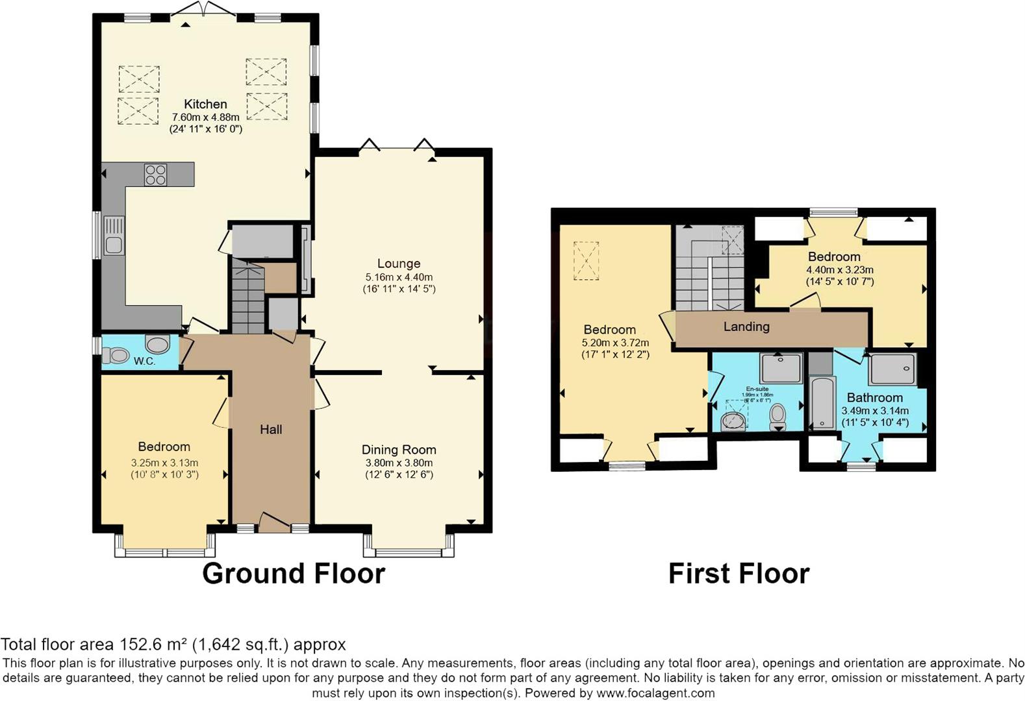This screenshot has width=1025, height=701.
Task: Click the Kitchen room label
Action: [x=205, y=104]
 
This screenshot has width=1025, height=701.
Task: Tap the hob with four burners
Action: [x=156, y=175]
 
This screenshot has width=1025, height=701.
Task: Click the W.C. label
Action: [x=144, y=361]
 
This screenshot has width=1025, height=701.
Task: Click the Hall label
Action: [x=271, y=429]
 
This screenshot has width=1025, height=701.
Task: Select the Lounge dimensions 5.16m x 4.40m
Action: [x=399, y=277]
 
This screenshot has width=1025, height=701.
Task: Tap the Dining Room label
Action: [x=399, y=449]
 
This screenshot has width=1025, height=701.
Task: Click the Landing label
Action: [x=746, y=326]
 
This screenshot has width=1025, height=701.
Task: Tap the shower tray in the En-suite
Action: [x=782, y=368]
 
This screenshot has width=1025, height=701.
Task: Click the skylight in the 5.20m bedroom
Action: [x=586, y=260]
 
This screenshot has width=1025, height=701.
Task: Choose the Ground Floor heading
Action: [x=294, y=573]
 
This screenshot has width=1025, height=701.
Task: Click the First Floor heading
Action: [x=739, y=573]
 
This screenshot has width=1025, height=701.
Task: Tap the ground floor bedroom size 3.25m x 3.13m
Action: [x=164, y=463]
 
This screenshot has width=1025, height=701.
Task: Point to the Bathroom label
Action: [x=874, y=397]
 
